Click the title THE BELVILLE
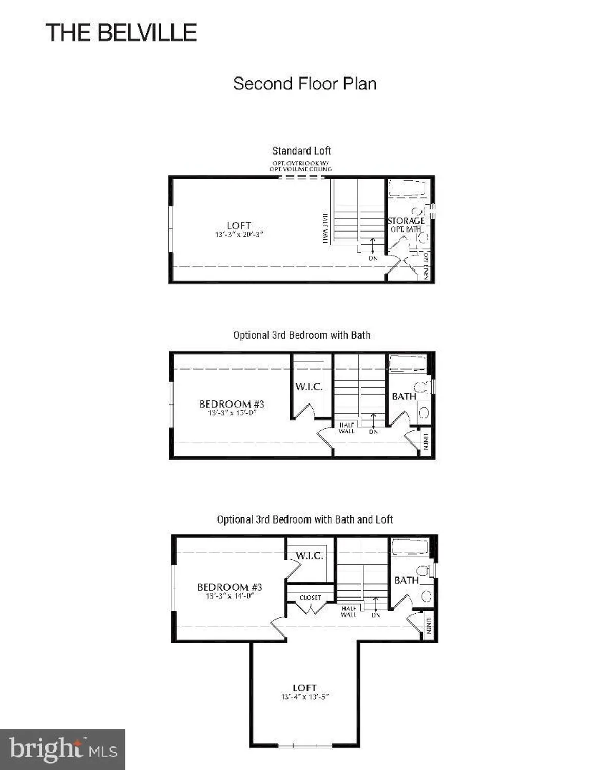(121, 33)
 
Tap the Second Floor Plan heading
(304, 84)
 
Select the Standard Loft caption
(301, 151)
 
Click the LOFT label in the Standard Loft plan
(239, 225)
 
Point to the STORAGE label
(406, 221)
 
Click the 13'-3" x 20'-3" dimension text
(239, 235)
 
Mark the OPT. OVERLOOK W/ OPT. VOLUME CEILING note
(300, 166)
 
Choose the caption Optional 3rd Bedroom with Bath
(301, 335)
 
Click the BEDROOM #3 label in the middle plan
(232, 404)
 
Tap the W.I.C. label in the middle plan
(309, 387)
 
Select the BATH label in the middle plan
(404, 396)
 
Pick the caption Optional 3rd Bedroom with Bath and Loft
(304, 519)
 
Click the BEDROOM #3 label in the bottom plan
(229, 587)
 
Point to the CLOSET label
(311, 598)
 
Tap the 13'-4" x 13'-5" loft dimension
(304, 697)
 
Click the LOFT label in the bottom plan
(304, 688)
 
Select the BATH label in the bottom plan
(407, 580)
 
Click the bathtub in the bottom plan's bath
(410, 547)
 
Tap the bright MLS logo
(63, 749)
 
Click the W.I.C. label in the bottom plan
(310, 556)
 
